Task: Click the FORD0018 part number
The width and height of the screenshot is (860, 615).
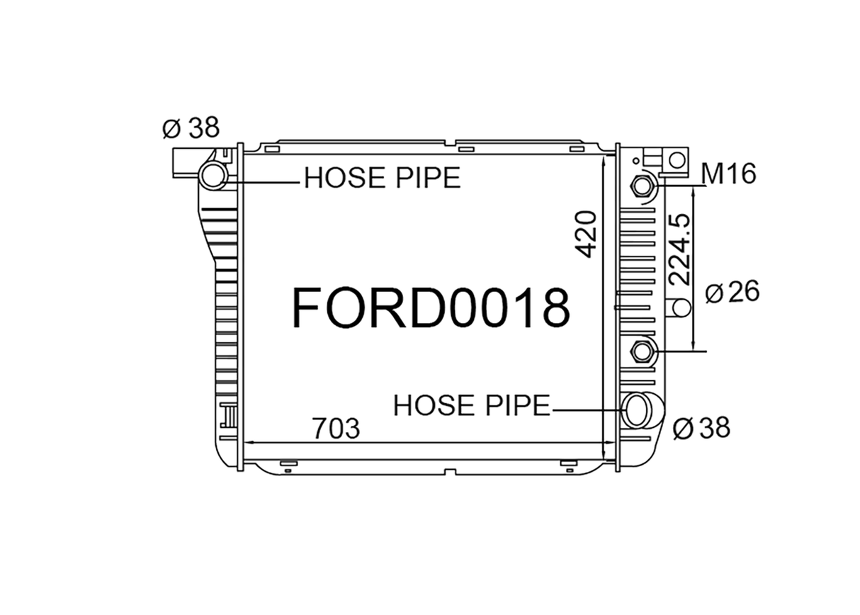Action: [431, 309]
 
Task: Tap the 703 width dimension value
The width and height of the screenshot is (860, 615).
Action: [336, 429]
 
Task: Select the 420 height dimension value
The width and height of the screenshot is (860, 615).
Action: [587, 235]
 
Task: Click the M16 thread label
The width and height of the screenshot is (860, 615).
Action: [728, 174]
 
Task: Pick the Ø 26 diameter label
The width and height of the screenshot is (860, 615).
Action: [732, 292]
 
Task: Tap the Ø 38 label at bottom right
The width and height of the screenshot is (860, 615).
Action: [701, 428]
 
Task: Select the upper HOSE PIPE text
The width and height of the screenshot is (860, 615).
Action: [383, 178]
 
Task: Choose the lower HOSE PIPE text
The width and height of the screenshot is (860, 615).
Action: [472, 405]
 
